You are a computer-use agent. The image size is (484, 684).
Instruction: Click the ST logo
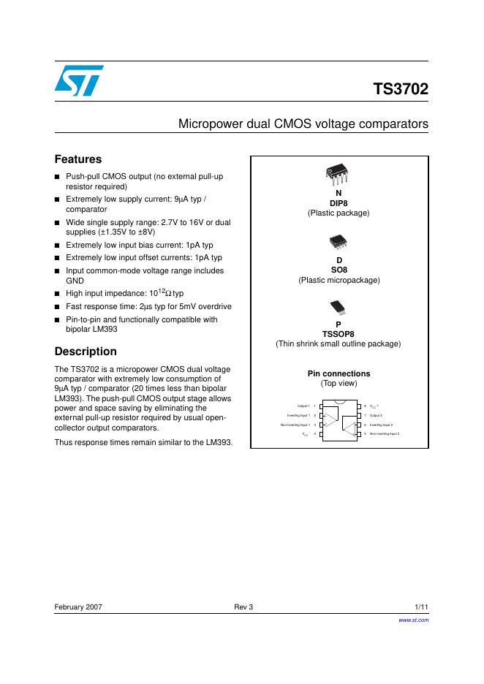tap(78, 80)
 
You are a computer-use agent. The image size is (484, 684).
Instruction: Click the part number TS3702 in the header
tap(401, 90)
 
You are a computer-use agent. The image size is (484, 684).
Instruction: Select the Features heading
tap(78, 159)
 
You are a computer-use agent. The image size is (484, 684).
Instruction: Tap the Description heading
tap(86, 351)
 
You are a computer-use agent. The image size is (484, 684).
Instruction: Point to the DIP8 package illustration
tap(339, 173)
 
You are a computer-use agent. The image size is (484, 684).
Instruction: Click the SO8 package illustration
tap(339, 240)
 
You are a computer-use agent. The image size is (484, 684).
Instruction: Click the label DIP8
tap(339, 203)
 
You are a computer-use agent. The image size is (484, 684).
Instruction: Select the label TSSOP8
tap(339, 334)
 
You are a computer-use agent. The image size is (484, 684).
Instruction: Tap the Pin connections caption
tap(339, 373)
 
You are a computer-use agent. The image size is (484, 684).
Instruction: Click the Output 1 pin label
tap(303, 406)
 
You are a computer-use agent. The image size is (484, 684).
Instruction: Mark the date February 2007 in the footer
tap(78, 607)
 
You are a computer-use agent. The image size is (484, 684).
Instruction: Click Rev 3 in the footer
tap(243, 607)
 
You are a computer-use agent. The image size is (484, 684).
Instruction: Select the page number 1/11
tap(421, 607)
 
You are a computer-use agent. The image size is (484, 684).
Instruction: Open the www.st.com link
tap(413, 620)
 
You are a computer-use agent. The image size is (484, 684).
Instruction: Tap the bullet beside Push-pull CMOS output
tap(58, 177)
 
